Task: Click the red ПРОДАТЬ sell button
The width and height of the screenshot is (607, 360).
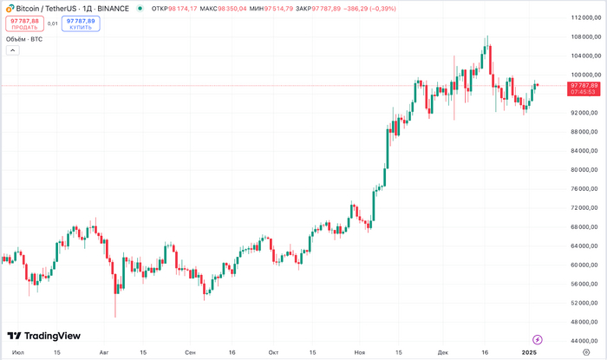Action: point(24,23)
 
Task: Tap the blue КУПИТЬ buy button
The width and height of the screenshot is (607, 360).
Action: point(80,23)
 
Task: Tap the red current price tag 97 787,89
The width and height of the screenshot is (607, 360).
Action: point(584,88)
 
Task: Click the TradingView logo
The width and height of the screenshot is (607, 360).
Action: point(44,336)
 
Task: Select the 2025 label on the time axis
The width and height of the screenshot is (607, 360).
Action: point(530,353)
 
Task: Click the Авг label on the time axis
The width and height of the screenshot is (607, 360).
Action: point(105,353)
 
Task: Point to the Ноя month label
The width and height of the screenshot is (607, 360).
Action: point(360,353)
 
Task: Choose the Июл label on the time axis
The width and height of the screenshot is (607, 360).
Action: point(18,353)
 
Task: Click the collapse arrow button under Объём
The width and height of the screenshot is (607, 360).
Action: point(12,50)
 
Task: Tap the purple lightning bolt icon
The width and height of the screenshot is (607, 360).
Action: point(537,339)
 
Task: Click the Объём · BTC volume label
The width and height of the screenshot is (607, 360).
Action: point(24,39)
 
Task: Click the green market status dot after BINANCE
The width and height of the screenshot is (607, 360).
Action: point(140,8)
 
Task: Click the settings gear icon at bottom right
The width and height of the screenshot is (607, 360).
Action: point(586,353)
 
